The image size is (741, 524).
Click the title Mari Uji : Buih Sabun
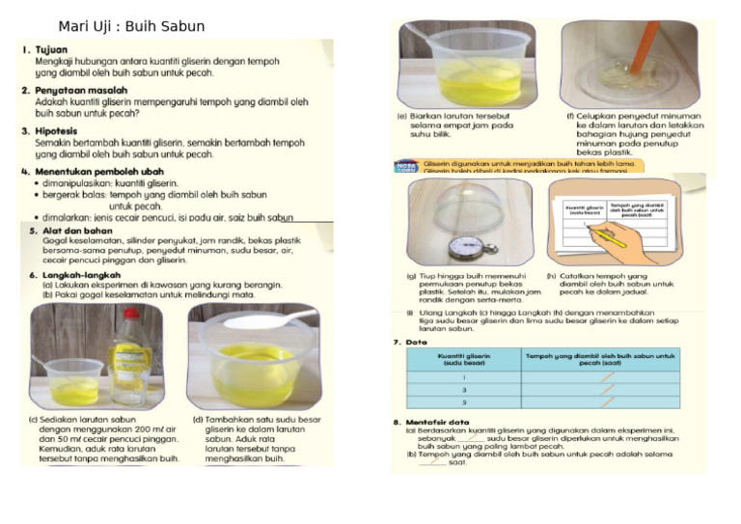click(x=131, y=26)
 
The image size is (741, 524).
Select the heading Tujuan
click(x=51, y=47)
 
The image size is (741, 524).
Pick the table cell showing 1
click(x=464, y=377)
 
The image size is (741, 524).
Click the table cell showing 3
click(x=464, y=390)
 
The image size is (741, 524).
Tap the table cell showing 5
click(x=464, y=402)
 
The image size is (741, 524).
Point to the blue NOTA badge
click(x=406, y=167)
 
